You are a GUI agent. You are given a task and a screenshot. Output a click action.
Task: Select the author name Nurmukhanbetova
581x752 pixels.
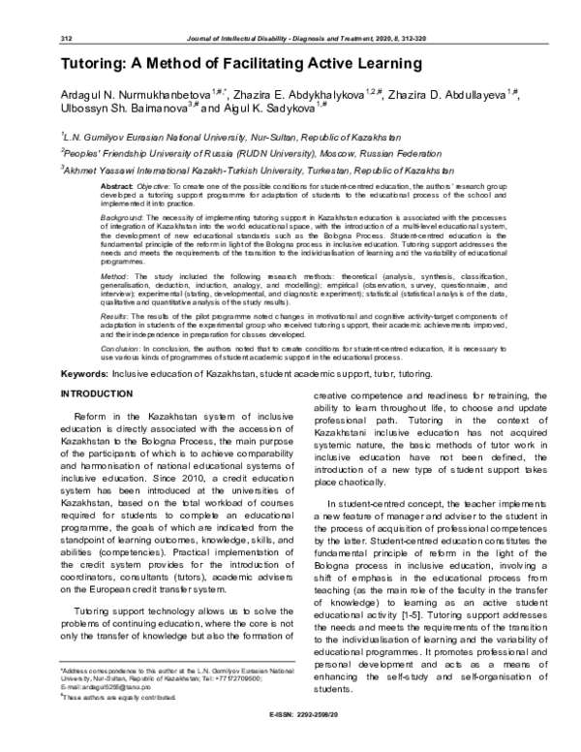(x=159, y=95)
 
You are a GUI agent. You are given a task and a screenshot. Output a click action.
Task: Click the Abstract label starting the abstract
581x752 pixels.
(x=117, y=183)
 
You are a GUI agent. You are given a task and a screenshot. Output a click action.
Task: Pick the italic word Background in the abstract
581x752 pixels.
(x=124, y=220)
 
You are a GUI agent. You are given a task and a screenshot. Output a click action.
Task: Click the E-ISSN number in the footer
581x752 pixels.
(x=290, y=738)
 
